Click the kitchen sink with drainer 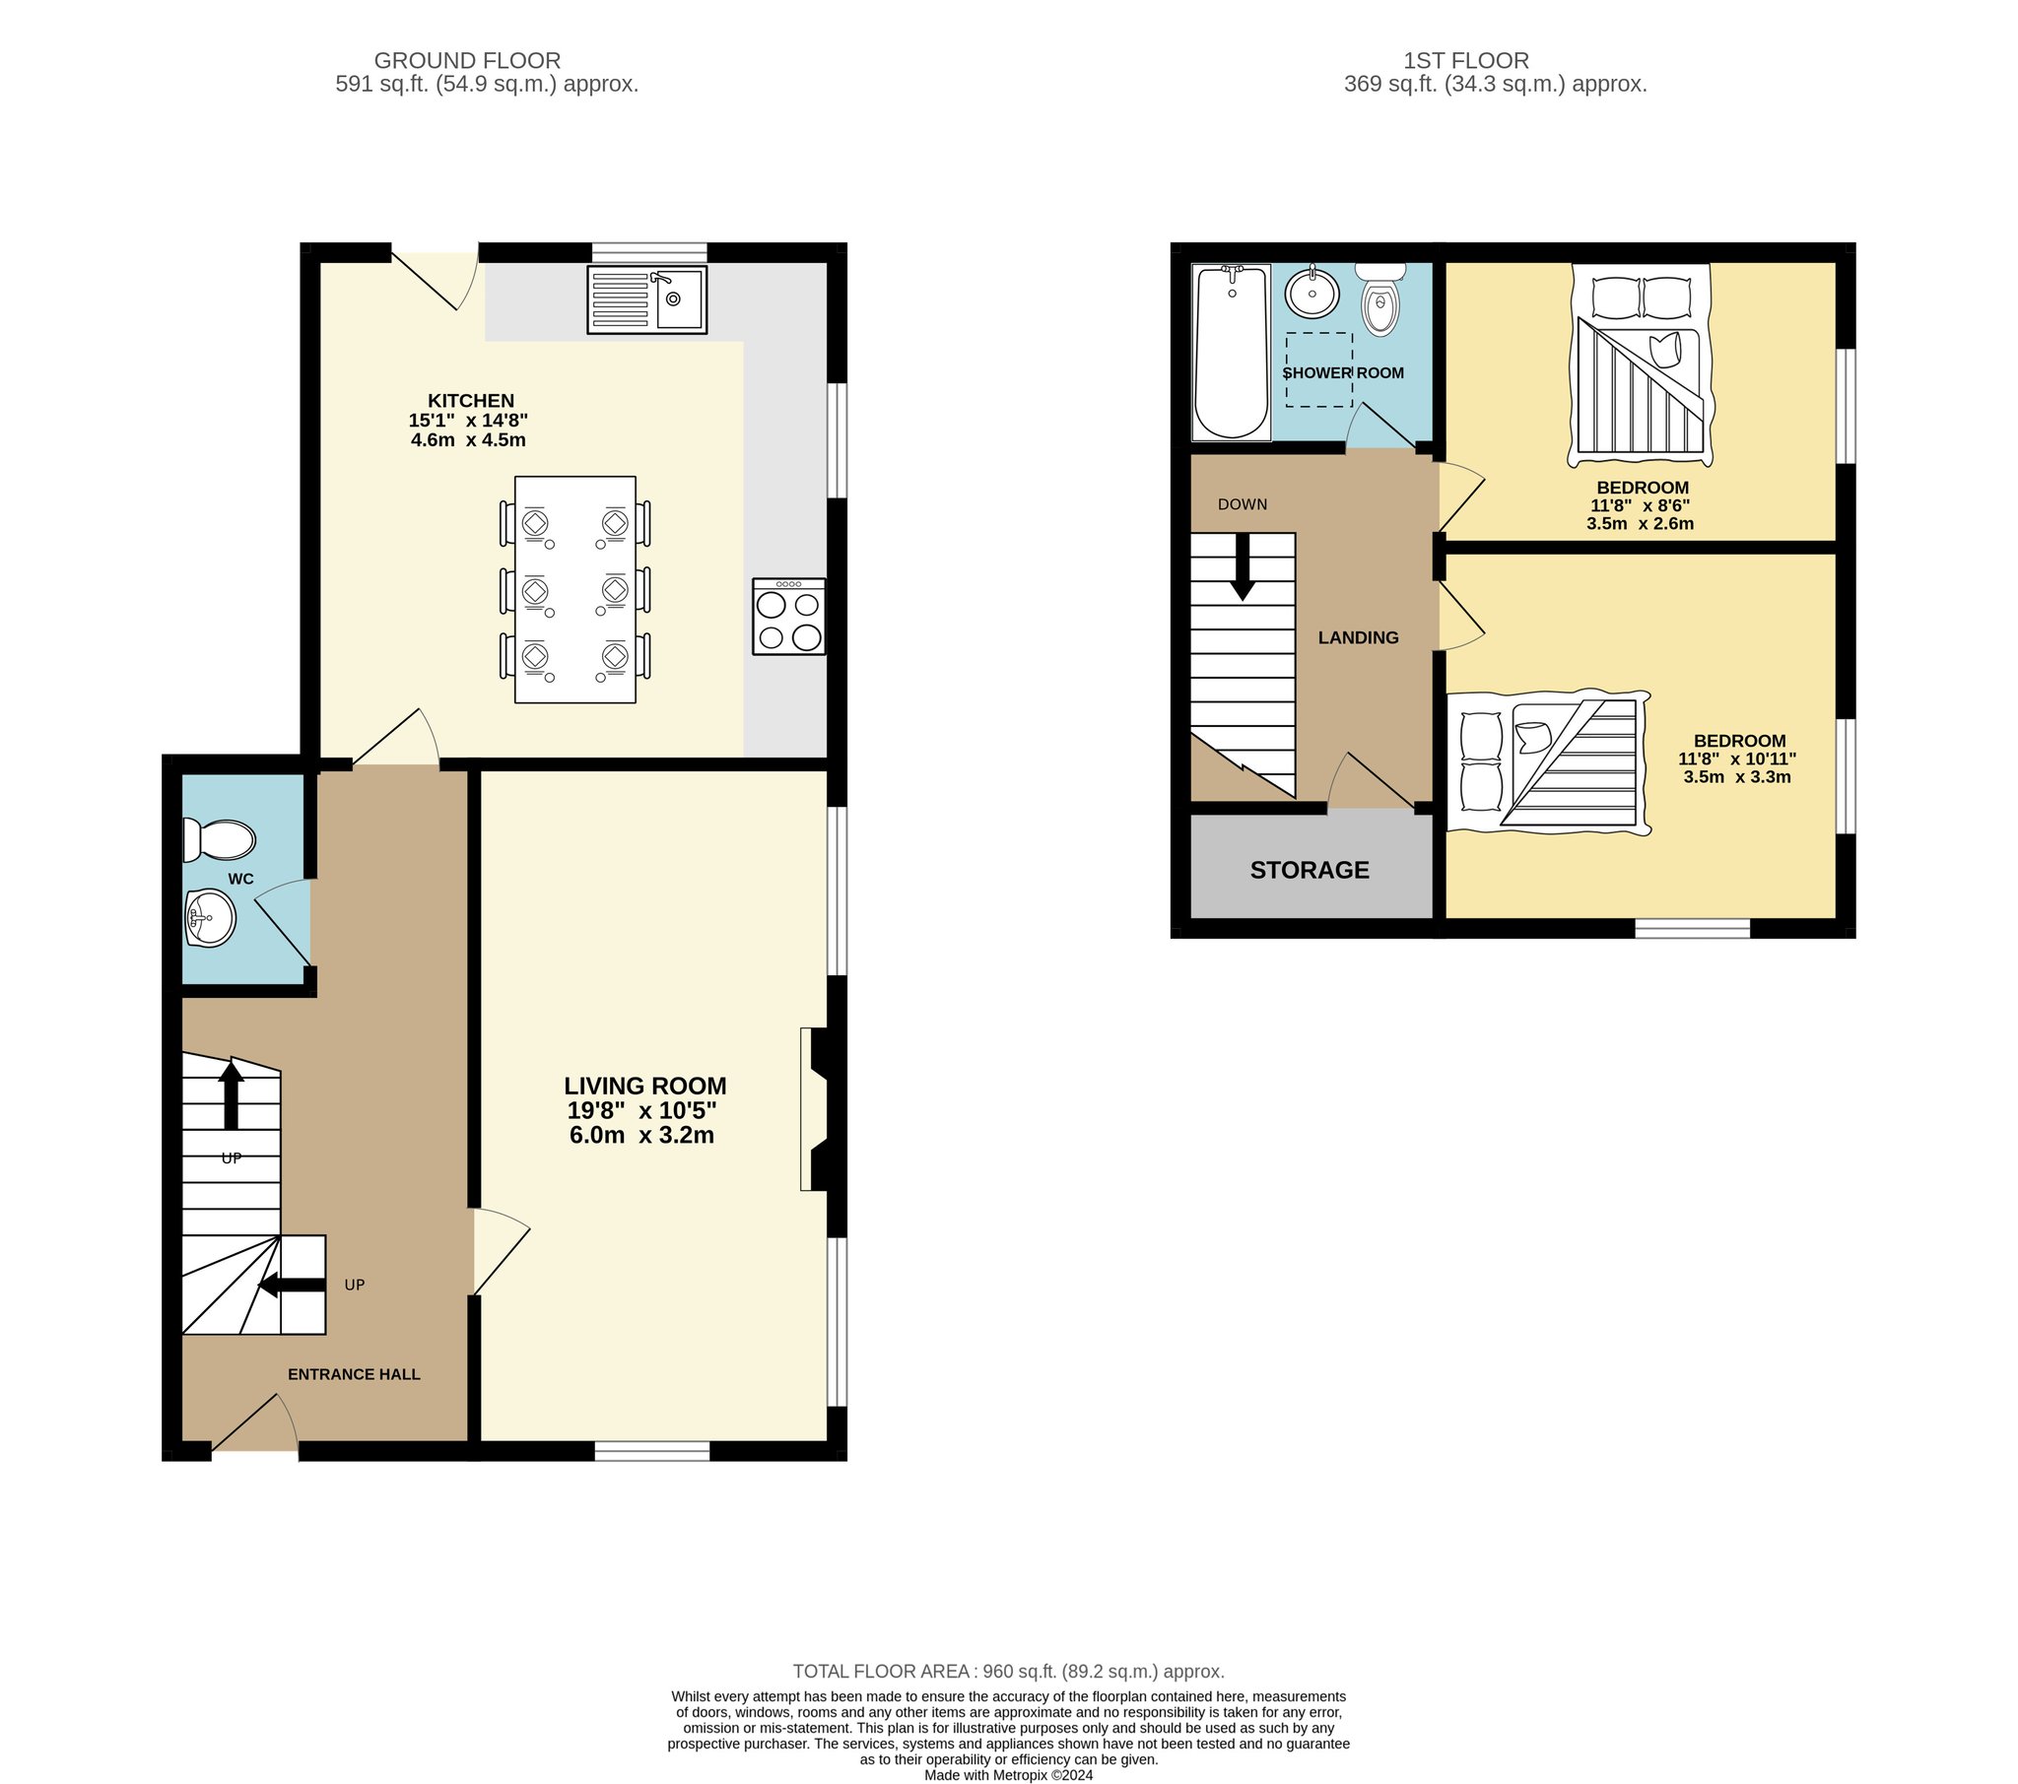[x=646, y=299]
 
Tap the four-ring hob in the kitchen [x=789, y=616]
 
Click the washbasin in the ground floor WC [x=209, y=918]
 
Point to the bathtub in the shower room [x=1231, y=352]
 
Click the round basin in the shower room [x=1312, y=292]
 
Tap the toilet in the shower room [x=1380, y=298]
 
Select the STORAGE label [x=1310, y=870]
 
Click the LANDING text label [x=1359, y=637]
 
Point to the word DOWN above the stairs [x=1242, y=504]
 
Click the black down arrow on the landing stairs [x=1243, y=566]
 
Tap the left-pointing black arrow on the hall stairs [x=292, y=1285]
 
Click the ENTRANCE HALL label [x=354, y=1374]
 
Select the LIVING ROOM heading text [x=645, y=1086]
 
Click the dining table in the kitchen [x=575, y=589]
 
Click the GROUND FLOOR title [x=467, y=61]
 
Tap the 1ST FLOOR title [x=1466, y=61]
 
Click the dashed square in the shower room [x=1319, y=369]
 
